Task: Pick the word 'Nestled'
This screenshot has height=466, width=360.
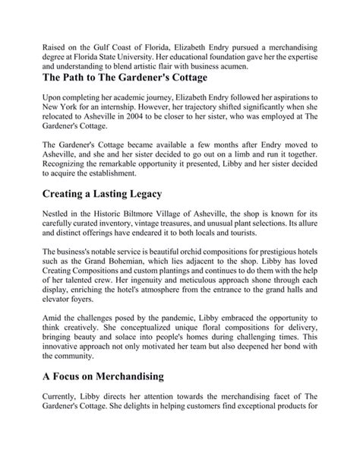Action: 58,222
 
